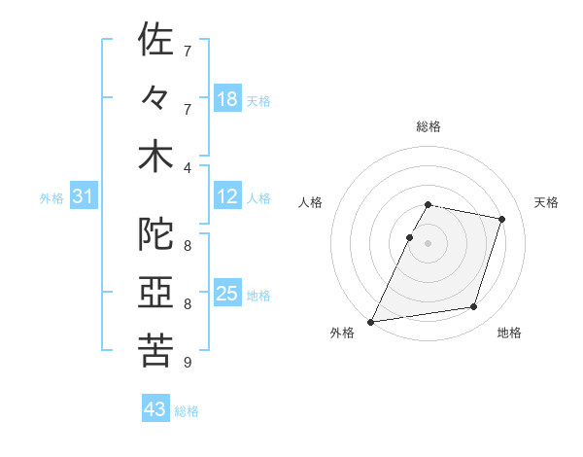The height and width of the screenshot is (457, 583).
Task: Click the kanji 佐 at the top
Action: point(155,41)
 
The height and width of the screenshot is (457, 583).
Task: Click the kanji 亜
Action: point(155,293)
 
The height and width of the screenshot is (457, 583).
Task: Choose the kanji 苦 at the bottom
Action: point(155,350)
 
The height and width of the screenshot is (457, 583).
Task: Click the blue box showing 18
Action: point(227,99)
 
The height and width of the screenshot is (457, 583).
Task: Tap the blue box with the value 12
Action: point(227,196)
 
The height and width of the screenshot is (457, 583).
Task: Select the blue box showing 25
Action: point(227,294)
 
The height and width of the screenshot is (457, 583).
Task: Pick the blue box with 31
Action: point(84,196)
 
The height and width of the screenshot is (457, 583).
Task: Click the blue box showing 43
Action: point(155,409)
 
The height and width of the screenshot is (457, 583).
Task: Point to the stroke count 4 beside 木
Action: point(188,167)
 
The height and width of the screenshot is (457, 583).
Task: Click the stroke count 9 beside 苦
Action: point(188,363)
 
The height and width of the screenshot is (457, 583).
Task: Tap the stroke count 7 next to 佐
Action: point(188,51)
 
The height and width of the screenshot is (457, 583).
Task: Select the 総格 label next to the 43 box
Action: point(187,411)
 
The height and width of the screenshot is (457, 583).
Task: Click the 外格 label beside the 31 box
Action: point(51,198)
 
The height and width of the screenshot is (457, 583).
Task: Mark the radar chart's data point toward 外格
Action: point(371,321)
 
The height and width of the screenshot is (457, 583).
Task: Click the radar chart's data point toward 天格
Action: point(501,219)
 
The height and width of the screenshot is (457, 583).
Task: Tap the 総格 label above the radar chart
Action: point(429,126)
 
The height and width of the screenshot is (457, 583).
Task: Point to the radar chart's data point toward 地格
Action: point(474,307)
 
